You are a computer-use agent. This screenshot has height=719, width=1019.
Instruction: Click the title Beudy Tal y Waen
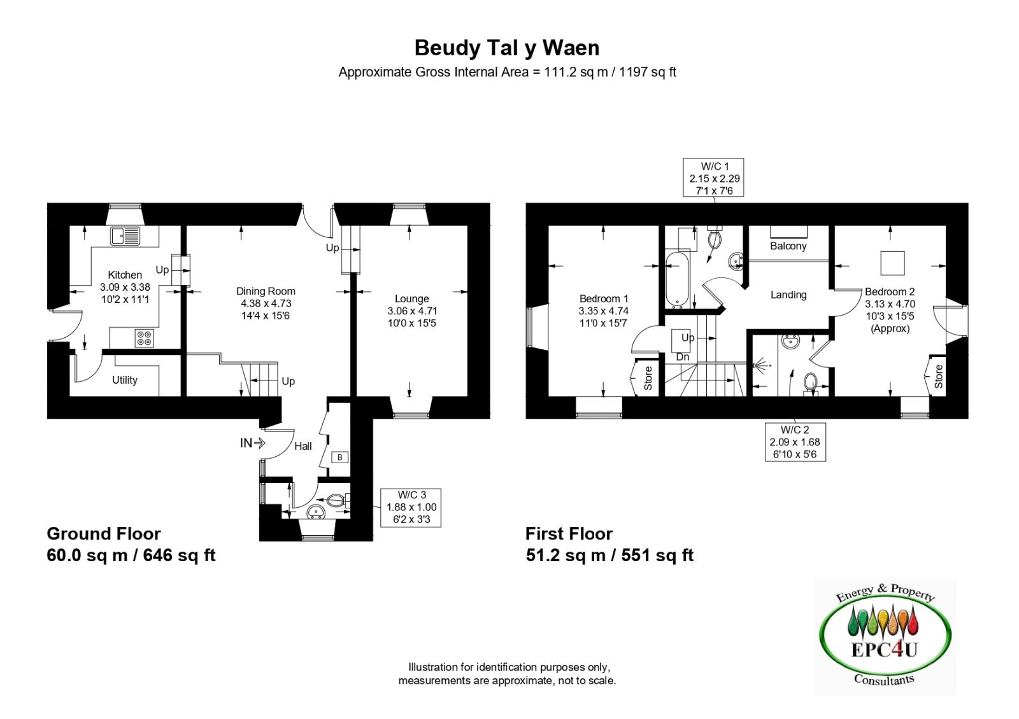click(x=507, y=48)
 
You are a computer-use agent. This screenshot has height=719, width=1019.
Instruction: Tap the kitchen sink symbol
click(x=125, y=236)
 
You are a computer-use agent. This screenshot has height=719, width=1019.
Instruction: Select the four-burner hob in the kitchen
click(x=144, y=338)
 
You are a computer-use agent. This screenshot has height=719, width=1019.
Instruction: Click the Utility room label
click(x=125, y=380)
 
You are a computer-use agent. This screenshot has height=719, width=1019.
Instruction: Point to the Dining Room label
click(x=266, y=291)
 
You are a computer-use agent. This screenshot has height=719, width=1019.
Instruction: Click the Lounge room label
click(x=411, y=298)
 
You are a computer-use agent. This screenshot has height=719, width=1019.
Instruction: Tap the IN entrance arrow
click(x=252, y=443)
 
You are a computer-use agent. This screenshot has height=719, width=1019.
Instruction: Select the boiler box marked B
click(x=339, y=457)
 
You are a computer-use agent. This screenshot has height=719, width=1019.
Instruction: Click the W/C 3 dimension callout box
click(x=411, y=507)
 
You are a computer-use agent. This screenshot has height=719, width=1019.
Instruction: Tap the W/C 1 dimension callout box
click(x=713, y=178)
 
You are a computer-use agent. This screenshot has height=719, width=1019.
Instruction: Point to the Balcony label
click(x=788, y=246)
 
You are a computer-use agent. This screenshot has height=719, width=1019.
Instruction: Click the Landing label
click(x=788, y=295)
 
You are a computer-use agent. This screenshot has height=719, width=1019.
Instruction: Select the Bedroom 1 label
click(x=604, y=298)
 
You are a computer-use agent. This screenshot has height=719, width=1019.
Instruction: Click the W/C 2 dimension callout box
click(x=795, y=442)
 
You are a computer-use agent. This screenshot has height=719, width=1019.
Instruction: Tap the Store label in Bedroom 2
click(x=938, y=377)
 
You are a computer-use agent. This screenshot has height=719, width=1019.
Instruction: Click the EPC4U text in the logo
click(x=884, y=650)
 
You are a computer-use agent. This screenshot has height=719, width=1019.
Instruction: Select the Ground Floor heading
click(x=104, y=534)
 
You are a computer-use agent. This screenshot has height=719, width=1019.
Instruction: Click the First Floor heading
click(x=569, y=534)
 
